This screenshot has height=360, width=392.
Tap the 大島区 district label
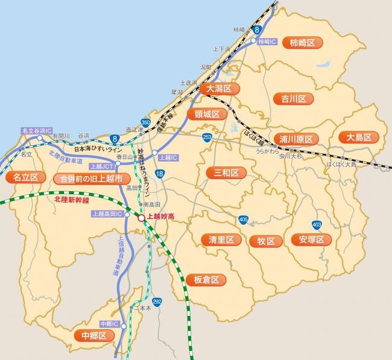point(358,137)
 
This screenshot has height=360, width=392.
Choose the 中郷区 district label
point(93,335)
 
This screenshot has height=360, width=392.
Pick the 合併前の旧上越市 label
point(92,178)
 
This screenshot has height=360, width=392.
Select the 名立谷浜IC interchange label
point(37,130)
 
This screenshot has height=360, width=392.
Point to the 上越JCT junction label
point(101,166)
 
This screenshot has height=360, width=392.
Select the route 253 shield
point(207,137)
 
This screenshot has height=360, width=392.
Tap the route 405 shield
point(243,219)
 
